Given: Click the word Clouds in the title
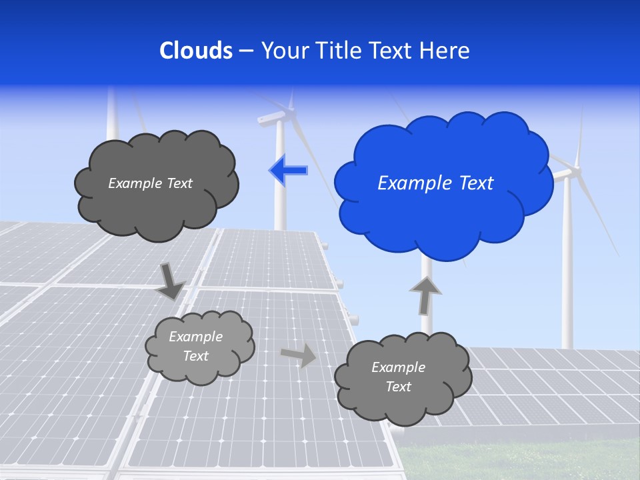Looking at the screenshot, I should click(x=196, y=51).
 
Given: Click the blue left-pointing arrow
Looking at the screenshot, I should click(x=288, y=171).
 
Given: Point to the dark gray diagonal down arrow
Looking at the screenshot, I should click(x=171, y=281).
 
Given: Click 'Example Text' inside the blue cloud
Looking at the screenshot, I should click(x=435, y=183).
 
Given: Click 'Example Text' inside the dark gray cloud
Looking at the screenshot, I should click(x=150, y=183).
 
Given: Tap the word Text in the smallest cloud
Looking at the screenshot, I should click(x=195, y=356).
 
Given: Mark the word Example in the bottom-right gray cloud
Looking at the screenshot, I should click(x=398, y=367).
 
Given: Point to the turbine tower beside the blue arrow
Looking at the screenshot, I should click(x=281, y=200).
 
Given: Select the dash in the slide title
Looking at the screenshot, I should click(x=246, y=51).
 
